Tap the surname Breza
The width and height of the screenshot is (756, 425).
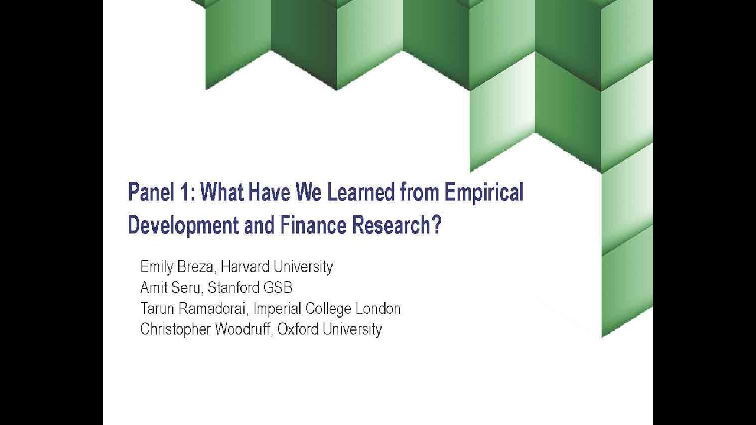[x=195, y=267]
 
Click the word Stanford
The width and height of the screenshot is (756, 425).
[x=233, y=287]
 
